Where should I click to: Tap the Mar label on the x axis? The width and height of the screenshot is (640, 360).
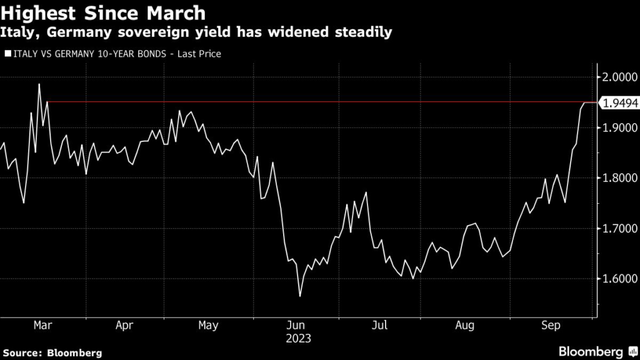pyautogui.click(x=42, y=325)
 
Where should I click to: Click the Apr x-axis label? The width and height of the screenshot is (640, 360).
pyautogui.click(x=125, y=325)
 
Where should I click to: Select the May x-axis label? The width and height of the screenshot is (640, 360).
pyautogui.click(x=208, y=325)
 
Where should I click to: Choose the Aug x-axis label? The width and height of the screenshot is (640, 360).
pyautogui.click(x=465, y=325)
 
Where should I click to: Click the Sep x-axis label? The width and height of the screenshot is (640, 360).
pyautogui.click(x=550, y=325)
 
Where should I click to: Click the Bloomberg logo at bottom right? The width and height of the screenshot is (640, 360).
pyautogui.click(x=591, y=351)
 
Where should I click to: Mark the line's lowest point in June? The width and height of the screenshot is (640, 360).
pyautogui.click(x=300, y=296)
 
